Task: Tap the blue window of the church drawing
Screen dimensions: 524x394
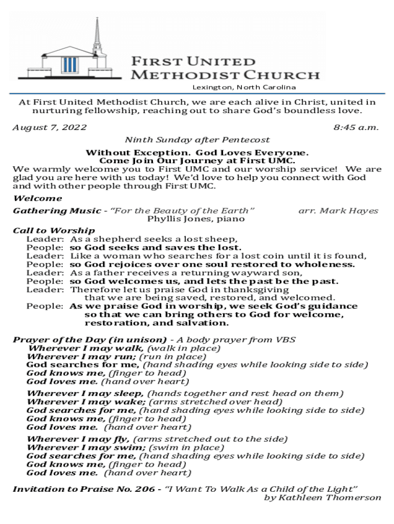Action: point(69,65)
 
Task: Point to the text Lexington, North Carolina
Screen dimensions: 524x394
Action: point(244,87)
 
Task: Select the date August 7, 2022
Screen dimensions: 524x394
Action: point(50,127)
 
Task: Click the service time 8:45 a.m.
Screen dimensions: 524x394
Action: point(356,127)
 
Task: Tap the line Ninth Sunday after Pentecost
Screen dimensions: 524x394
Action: point(198,140)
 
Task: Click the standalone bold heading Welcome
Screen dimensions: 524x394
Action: point(37,199)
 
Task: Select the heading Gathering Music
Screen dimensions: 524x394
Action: point(56,211)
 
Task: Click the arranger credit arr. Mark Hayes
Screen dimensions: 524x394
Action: point(338,211)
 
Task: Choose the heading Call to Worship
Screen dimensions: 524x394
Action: point(54,231)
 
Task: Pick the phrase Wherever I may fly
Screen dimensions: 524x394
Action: point(78,439)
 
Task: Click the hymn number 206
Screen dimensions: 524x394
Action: point(145,489)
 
